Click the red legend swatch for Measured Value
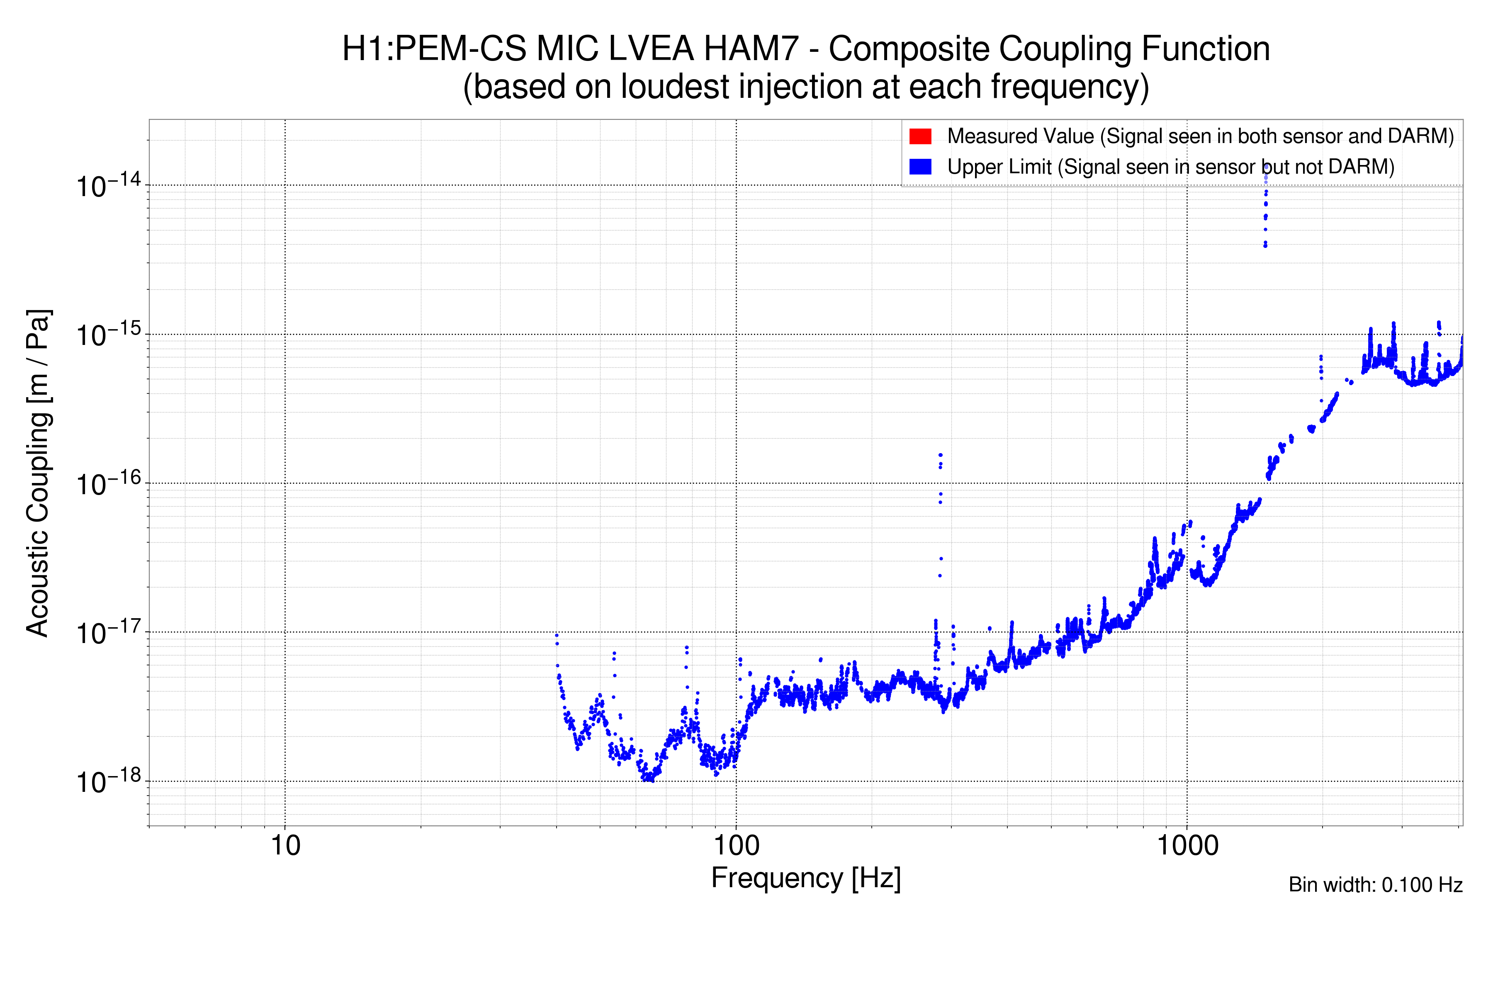pyautogui.click(x=920, y=136)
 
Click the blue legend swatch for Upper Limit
pyautogui.click(x=920, y=167)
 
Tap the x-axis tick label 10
pyautogui.click(x=285, y=846)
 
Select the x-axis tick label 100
pyautogui.click(x=736, y=846)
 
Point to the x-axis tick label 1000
pyautogui.click(x=1187, y=846)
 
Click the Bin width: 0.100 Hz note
pyautogui.click(x=1375, y=885)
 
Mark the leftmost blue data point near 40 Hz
pyautogui.click(x=557, y=635)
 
